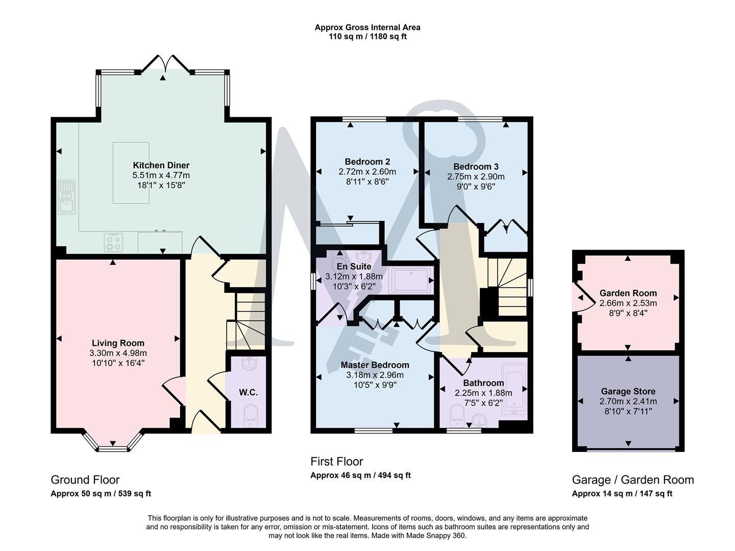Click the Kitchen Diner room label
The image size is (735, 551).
click(161, 165)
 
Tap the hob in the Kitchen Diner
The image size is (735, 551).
click(113, 242)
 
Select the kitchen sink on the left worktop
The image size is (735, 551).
click(66, 197)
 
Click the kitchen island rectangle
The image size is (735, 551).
click(131, 172)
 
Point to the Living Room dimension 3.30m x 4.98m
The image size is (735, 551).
click(118, 353)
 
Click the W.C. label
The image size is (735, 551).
click(248, 392)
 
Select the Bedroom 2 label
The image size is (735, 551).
click(367, 162)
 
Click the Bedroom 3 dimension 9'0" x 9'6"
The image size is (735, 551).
click(476, 187)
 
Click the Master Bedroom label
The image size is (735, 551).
click(375, 365)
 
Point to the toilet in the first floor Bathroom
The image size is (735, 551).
click(456, 415)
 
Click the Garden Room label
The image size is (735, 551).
click(628, 293)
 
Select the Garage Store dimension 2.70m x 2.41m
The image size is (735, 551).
click(628, 402)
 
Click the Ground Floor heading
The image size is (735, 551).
click(85, 480)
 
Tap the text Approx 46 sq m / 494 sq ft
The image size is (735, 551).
click(360, 475)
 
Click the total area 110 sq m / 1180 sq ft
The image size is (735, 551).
click(367, 37)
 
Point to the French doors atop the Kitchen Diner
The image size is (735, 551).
click(163, 64)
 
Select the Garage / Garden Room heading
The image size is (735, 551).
click(633, 480)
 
